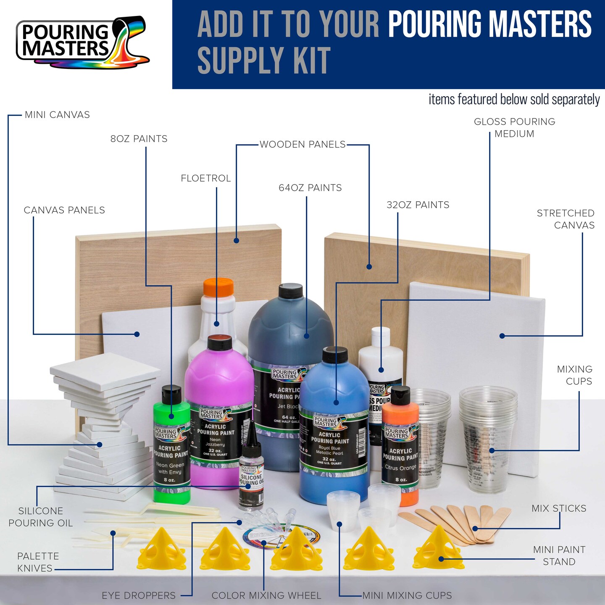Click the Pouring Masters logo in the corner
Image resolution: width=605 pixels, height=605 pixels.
pyautogui.click(x=82, y=42)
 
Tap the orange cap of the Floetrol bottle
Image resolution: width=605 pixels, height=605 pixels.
pyautogui.click(x=218, y=287)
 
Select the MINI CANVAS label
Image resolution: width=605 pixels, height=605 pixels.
pyautogui.click(x=57, y=115)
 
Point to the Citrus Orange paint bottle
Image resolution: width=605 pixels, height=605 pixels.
pyautogui.click(x=400, y=450)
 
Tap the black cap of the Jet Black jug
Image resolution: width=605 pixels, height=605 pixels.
pyautogui.click(x=290, y=291)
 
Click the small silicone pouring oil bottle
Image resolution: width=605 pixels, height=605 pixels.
pyautogui.click(x=251, y=475)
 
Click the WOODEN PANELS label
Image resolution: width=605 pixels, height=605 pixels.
pyautogui.click(x=302, y=145)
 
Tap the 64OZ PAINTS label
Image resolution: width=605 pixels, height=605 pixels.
pyautogui.click(x=310, y=188)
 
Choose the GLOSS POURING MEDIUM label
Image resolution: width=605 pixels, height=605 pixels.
pyautogui.click(x=514, y=128)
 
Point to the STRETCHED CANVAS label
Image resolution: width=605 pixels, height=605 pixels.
pyautogui.click(x=566, y=219)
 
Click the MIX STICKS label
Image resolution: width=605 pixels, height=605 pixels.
pyautogui.click(x=559, y=508)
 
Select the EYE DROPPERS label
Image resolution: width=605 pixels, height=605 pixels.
pyautogui.click(x=139, y=595)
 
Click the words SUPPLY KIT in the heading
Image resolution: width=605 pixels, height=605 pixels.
pyautogui.click(x=264, y=61)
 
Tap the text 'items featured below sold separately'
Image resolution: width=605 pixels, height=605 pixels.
pyautogui.click(x=514, y=100)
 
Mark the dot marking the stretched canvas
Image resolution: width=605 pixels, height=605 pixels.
pyautogui.click(x=502, y=336)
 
